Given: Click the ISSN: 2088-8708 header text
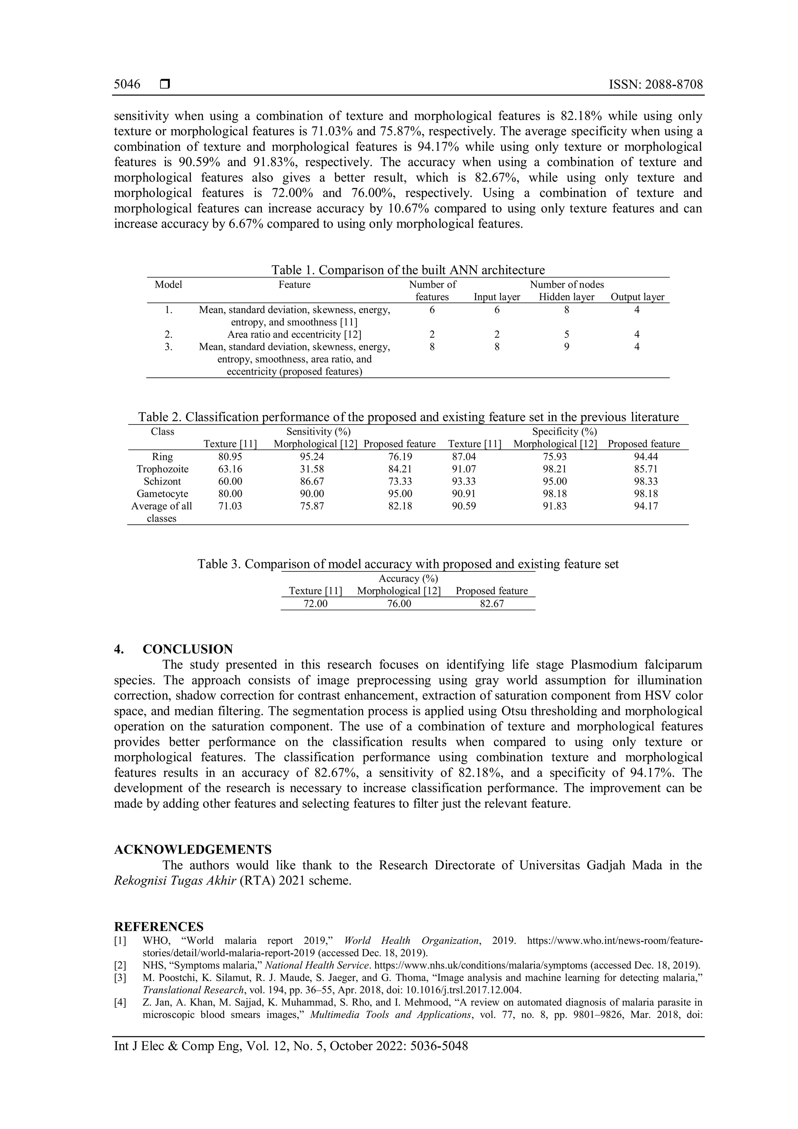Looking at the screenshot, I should coord(655,85).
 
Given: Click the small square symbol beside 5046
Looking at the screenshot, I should coord(164,85).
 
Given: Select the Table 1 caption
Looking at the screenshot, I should coord(408,270).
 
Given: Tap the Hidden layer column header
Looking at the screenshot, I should coord(566,297).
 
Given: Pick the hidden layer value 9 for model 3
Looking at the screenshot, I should coord(566,347).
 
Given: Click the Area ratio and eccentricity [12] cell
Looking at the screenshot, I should coord(294,334).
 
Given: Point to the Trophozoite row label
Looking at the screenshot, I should coord(162,469).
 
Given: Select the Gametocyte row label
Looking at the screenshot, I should coord(162,494).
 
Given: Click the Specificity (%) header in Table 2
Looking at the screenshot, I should coord(565,432).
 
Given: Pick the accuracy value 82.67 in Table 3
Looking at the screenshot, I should coord(491,604).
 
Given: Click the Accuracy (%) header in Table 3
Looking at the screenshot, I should coord(408,579).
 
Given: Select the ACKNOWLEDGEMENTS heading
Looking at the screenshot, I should coord(192,849).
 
